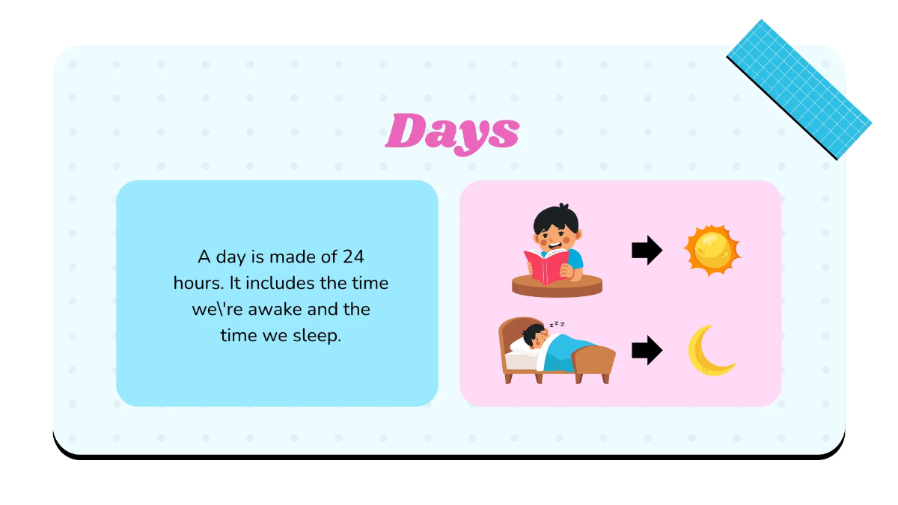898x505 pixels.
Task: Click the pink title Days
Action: pos(452,132)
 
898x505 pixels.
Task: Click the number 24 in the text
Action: pos(352,257)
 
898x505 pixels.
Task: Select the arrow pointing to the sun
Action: pos(647,251)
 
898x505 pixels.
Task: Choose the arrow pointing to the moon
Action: pos(647,350)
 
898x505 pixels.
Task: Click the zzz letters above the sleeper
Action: pos(557,324)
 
